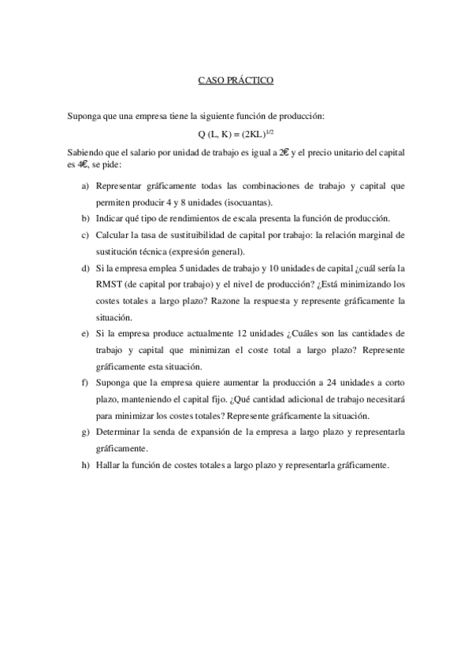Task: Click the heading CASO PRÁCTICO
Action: [236, 80]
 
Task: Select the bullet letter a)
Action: [84, 186]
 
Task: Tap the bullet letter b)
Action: [84, 218]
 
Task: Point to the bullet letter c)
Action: [84, 235]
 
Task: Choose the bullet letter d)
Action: [84, 268]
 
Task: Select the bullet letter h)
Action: [84, 466]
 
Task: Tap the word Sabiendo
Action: [85, 152]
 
